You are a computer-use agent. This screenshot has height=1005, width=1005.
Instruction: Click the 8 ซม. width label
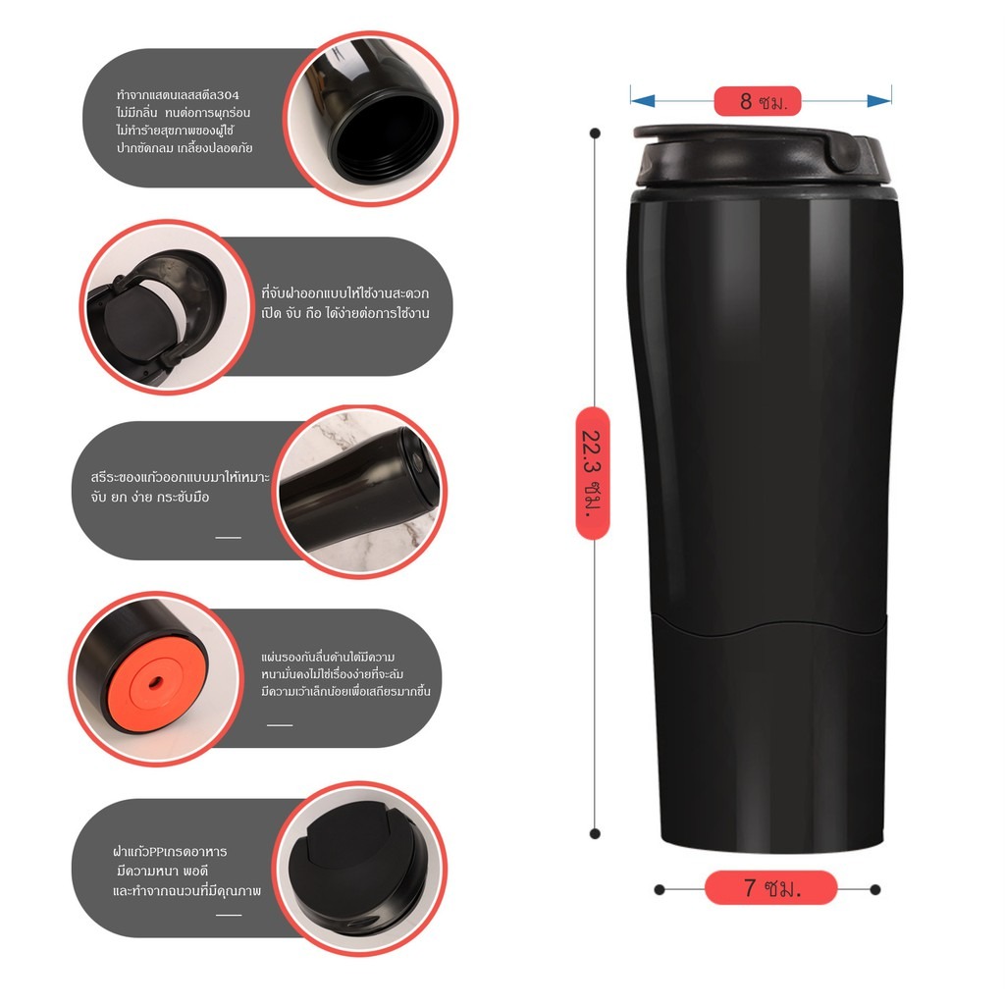[758, 101]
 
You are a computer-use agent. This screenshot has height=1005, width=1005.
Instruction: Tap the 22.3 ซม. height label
[593, 472]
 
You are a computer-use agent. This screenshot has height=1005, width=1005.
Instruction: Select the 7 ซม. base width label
[771, 887]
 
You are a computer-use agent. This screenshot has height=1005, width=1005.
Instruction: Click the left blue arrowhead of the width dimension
[642, 101]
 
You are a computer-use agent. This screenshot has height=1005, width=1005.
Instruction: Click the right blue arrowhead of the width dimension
[878, 101]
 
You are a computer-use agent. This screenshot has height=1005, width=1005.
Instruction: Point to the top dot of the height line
[595, 133]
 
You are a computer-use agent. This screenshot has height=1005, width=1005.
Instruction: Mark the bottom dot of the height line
[595, 834]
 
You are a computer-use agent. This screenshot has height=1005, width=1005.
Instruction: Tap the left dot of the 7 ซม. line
[659, 889]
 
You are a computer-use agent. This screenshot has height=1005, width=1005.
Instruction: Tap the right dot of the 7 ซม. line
[875, 889]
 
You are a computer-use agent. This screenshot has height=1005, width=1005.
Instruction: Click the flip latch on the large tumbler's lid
[845, 152]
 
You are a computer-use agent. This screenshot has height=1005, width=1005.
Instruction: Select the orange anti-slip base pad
[157, 683]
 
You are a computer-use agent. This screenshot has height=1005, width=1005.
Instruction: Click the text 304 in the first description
[229, 95]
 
